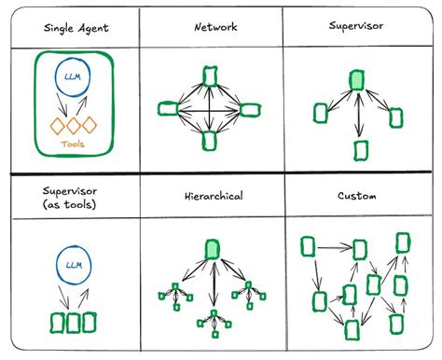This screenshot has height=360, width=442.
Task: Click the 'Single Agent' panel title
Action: pyautogui.click(x=76, y=28)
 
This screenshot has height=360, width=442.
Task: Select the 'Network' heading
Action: pyautogui.click(x=215, y=28)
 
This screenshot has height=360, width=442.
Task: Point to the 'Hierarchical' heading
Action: pyautogui.click(x=214, y=197)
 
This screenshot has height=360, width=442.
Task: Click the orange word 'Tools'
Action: pyautogui.click(x=74, y=144)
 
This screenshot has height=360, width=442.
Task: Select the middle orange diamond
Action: pyautogui.click(x=74, y=126)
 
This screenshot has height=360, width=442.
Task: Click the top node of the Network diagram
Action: pyautogui.click(x=211, y=72)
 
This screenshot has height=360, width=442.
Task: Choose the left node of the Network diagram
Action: pyautogui.click(x=168, y=109)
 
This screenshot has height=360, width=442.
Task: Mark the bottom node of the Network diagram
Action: pyautogui.click(x=211, y=142)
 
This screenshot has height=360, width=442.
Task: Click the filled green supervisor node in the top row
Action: pyautogui.click(x=357, y=81)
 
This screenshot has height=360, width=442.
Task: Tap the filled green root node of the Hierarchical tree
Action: pyautogui.click(x=212, y=248)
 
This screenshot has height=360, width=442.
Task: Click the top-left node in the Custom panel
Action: pyautogui.click(x=308, y=246)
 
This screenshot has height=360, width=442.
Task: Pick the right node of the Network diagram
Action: pyautogui.click(x=250, y=109)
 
